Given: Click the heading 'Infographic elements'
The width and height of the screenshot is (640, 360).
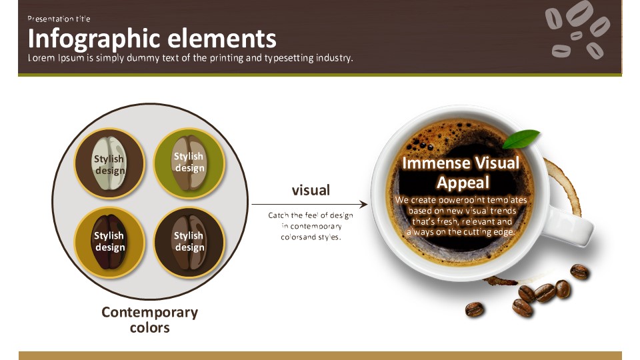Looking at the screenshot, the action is click(x=152, y=39).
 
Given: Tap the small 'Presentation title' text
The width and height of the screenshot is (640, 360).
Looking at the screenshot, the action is click(x=59, y=19).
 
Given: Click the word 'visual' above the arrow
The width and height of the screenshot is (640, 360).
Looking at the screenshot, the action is click(x=311, y=190).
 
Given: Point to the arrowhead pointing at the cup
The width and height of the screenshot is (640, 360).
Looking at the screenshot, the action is click(x=363, y=204).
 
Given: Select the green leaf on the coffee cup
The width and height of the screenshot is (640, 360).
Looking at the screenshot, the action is click(x=521, y=139).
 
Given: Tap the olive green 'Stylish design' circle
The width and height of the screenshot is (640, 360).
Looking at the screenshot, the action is click(x=189, y=163).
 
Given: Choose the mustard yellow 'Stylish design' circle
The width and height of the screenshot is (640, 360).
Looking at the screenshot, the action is click(x=109, y=242).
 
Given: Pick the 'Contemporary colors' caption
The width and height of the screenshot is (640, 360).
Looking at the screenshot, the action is click(x=150, y=319).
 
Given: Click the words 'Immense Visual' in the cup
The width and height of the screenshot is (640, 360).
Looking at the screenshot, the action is click(x=461, y=163).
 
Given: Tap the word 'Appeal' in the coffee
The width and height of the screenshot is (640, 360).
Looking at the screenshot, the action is click(x=463, y=183).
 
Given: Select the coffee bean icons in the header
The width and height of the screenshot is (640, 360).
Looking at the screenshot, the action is click(x=577, y=29).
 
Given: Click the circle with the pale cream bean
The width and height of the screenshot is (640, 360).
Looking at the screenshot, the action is click(x=109, y=163).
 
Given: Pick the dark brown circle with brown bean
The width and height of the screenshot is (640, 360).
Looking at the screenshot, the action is click(x=189, y=242).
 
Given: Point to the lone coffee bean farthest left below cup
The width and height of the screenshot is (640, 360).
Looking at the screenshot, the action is click(x=474, y=309).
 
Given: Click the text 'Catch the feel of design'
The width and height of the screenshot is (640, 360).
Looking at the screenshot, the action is click(x=311, y=215).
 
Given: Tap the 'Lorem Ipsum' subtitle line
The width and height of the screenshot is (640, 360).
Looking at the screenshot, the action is click(x=190, y=58).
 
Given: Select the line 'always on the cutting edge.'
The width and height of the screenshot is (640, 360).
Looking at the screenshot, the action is click(x=461, y=232).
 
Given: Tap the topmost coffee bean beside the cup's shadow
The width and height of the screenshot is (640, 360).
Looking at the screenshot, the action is click(x=579, y=271).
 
